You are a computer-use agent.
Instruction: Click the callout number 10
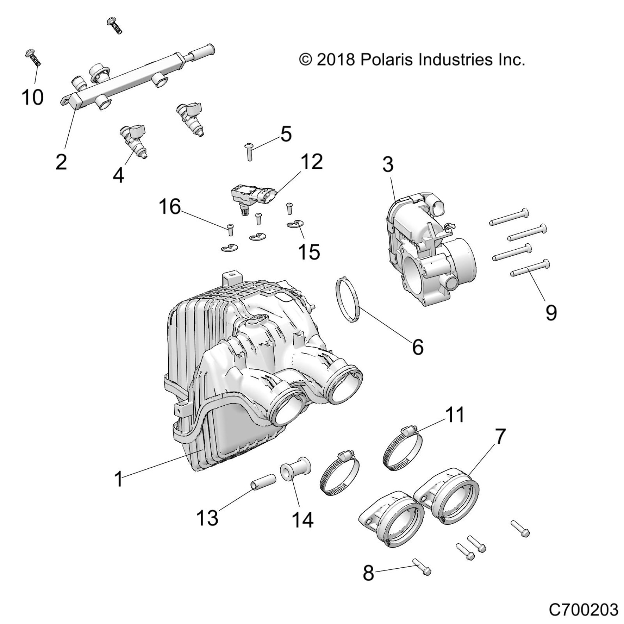tap(33, 97)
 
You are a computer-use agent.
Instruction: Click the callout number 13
tap(207, 518)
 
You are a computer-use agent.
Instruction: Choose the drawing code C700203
tap(584, 610)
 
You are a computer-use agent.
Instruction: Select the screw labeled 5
tap(250, 151)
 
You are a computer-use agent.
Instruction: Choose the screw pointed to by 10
tap(34, 59)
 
